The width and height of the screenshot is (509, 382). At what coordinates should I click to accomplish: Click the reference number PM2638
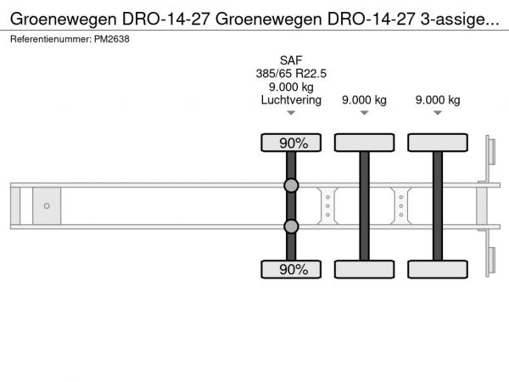[x=112, y=39]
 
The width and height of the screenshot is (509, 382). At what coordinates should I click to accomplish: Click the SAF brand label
[x=291, y=60]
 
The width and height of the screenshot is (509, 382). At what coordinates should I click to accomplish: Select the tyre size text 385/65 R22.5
[x=291, y=74]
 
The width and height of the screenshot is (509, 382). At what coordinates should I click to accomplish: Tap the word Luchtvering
[x=291, y=100]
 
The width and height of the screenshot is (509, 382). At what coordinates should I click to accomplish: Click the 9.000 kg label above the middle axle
[x=364, y=100]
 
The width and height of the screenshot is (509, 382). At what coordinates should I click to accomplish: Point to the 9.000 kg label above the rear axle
[x=438, y=100]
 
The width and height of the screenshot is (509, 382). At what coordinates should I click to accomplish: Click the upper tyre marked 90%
[x=291, y=143]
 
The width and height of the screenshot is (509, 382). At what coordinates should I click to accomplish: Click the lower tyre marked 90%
[x=291, y=269]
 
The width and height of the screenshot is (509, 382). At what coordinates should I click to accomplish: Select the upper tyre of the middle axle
[x=364, y=143]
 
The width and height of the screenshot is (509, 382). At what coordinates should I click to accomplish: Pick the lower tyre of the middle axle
[x=364, y=269]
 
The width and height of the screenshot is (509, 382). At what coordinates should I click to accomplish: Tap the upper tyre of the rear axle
[x=438, y=143]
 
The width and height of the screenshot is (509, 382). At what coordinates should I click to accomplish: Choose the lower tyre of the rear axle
[x=438, y=269]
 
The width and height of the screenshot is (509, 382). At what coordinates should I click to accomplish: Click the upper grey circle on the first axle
[x=291, y=185]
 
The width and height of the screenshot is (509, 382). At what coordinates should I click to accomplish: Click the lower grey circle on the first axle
[x=291, y=227]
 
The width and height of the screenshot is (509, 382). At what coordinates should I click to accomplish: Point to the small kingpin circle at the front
[x=47, y=206]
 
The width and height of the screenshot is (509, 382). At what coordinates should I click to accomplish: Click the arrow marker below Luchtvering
[x=291, y=113]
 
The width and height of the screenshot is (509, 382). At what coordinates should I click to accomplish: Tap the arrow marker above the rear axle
[x=438, y=113]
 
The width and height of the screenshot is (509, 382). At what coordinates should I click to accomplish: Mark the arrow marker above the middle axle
[x=364, y=113]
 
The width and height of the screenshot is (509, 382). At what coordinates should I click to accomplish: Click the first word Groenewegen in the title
[x=64, y=20]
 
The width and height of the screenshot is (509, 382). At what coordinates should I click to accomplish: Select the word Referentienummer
[x=51, y=39]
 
